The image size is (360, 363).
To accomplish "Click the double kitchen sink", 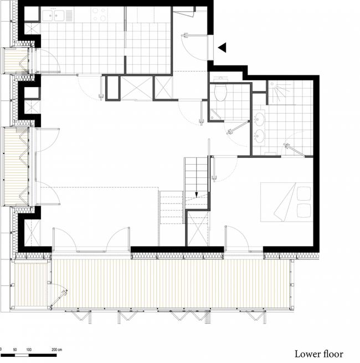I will pos(55,16).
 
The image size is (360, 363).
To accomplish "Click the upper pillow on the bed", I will pos(304,193).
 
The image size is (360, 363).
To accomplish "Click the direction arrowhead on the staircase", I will pos(197,195).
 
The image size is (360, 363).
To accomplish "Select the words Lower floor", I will pos(318,354).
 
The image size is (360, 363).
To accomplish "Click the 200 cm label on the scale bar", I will pos(56,350).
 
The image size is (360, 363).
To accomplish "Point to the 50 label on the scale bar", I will pos(15,350).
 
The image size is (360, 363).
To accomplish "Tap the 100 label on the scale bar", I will pos(28,350).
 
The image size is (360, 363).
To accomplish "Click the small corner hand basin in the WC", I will pos(214,115).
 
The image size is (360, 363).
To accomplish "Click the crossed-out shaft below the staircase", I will pos(197,228).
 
